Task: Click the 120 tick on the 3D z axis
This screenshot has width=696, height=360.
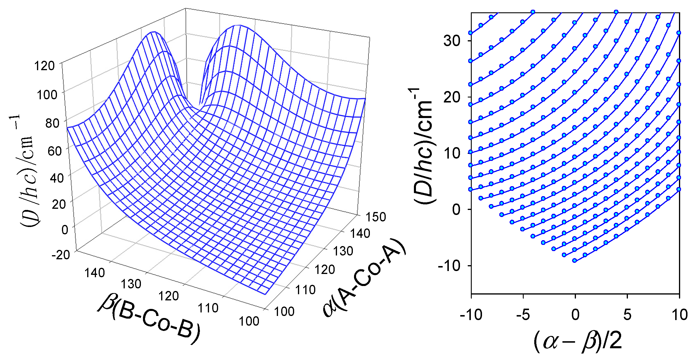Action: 44,65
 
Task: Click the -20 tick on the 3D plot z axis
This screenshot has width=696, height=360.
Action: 61,254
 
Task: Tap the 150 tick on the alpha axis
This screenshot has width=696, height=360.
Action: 375,217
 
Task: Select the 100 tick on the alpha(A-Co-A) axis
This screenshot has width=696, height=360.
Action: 284,311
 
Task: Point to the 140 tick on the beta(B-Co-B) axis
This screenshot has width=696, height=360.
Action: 95,273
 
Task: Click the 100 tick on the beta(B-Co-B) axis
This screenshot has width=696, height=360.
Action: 249,321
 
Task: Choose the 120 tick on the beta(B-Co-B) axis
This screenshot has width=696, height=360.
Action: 168,296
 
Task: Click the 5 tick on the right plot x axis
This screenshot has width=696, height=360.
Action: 627,315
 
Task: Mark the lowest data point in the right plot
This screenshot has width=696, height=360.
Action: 574,260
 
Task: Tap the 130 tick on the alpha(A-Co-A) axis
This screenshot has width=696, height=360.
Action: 343,251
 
